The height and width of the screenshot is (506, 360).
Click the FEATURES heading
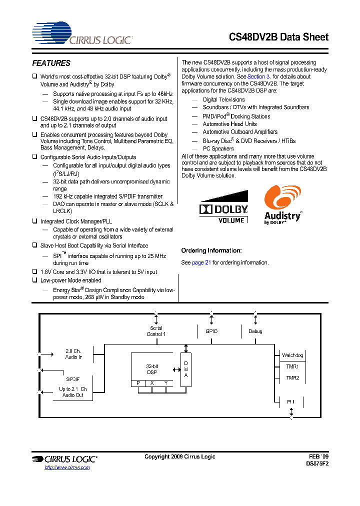coord(51,63)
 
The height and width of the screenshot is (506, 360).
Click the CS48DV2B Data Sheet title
coord(279,37)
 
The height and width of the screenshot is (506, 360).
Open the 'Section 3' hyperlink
coord(259,76)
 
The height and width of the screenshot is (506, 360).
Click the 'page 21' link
coord(201,262)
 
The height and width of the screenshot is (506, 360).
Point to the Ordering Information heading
coord(211,250)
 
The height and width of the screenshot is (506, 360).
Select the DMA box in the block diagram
coord(186,369)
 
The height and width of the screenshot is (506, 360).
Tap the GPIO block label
coord(211,331)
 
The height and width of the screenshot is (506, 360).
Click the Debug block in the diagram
coord(255,331)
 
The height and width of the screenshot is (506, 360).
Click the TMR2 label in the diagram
coord(292,378)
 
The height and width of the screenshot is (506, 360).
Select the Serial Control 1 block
coord(156,331)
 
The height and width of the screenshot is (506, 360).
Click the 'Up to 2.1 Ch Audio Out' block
coord(73,392)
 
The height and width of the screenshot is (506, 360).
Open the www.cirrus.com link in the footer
coord(67,467)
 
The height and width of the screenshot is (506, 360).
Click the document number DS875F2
coord(317,463)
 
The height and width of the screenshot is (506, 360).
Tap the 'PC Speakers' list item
coord(218,148)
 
